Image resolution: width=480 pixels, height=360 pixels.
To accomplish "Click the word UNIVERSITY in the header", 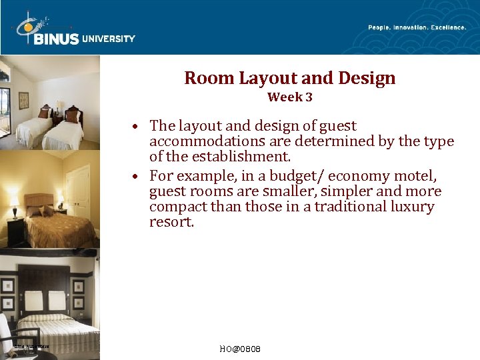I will coord(109,39).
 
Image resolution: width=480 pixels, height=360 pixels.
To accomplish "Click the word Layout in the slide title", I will coord(261,79).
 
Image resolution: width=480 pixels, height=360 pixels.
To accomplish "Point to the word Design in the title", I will coord(367,79).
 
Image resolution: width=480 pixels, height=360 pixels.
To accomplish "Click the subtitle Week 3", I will coord(289,97).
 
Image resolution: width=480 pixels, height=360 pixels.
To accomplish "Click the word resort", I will coord(171,222).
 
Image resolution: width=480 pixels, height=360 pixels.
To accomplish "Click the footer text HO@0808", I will coord(239,349).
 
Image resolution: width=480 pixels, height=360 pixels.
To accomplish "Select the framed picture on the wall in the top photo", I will coord(24,100).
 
